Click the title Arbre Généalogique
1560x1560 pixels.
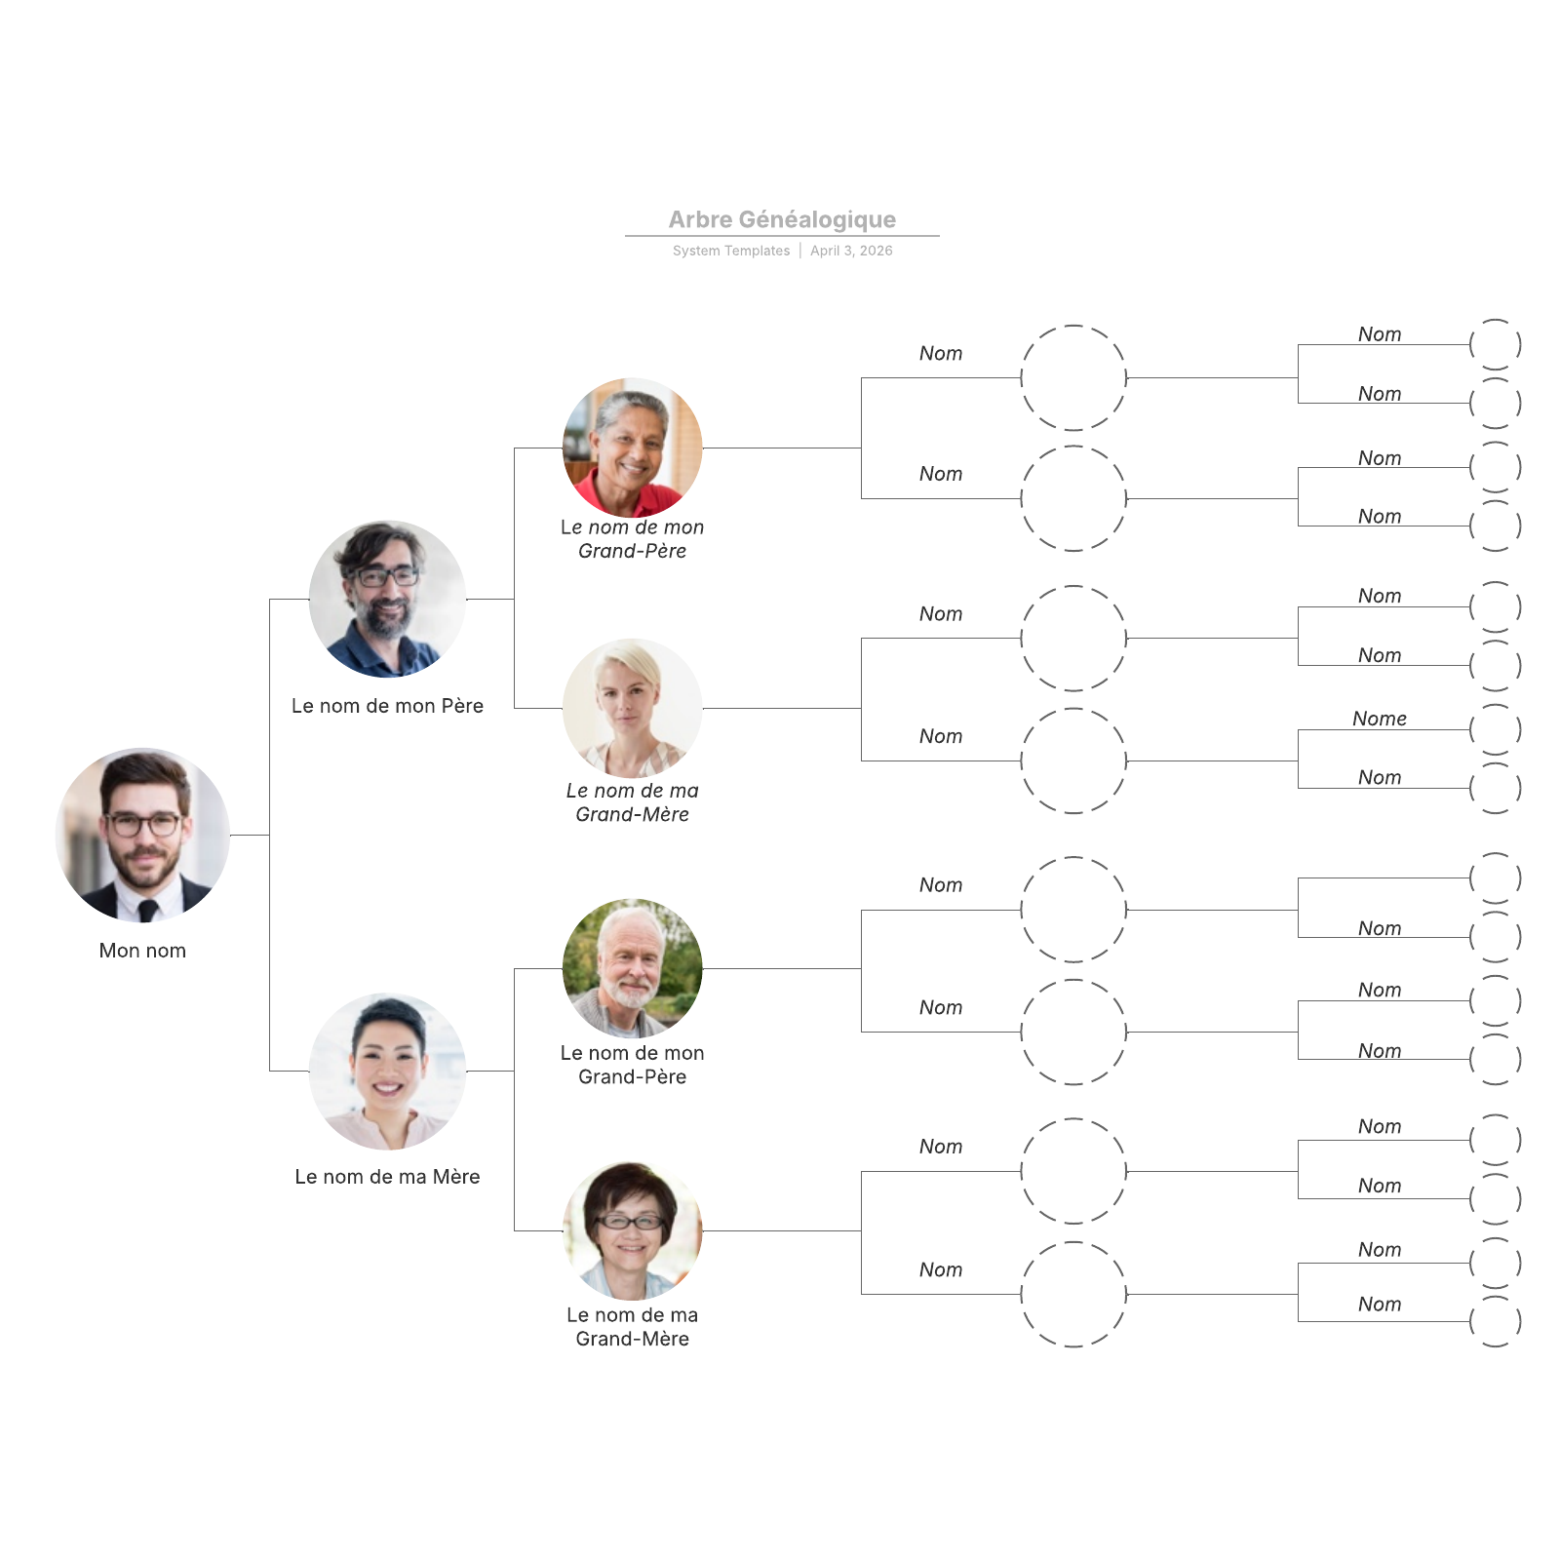[782, 219]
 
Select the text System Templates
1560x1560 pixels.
[731, 251]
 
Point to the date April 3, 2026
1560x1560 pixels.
[851, 251]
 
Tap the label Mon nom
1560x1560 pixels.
[142, 951]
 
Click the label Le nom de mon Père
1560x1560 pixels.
[387, 706]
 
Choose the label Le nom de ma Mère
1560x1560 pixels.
[387, 1177]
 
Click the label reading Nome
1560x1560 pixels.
[1379, 719]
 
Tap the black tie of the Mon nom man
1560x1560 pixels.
[147, 911]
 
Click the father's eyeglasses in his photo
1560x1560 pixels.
[387, 576]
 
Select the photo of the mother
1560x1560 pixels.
[387, 1072]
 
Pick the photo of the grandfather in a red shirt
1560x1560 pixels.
[632, 448]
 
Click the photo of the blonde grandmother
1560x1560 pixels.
[632, 708]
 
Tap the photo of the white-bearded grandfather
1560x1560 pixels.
[632, 968]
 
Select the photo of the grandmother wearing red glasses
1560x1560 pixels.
[632, 1230]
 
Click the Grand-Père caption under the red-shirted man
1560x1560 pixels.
[632, 539]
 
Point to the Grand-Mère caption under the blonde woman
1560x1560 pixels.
[632, 802]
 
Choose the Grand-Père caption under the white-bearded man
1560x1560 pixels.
[632, 1065]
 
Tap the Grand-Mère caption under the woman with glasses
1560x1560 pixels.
[632, 1327]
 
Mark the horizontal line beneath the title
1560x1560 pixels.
[782, 236]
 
